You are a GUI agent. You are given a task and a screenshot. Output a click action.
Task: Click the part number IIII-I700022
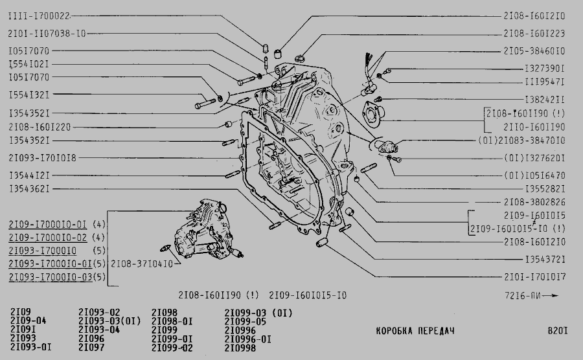click(x=39, y=16)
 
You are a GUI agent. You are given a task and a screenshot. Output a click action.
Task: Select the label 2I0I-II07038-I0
click(x=47, y=34)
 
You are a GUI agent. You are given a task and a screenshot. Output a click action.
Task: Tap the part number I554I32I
click(x=29, y=95)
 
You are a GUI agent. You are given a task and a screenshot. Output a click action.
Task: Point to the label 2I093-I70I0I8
click(x=42, y=158)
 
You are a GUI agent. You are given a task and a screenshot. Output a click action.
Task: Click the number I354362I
click(x=29, y=188)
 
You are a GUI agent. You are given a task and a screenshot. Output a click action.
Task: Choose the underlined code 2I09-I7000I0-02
click(x=47, y=238)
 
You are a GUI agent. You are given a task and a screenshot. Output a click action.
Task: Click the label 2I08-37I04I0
click(x=142, y=264)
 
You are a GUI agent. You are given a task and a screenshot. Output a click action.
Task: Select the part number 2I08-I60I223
click(x=534, y=34)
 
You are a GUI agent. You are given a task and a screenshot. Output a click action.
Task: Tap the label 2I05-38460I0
click(x=534, y=51)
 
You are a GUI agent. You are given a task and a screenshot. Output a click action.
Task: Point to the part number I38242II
click(x=545, y=100)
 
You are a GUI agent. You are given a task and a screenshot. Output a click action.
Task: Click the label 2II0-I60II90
click(x=534, y=127)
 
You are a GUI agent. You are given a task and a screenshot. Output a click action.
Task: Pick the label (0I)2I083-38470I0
click(x=521, y=141)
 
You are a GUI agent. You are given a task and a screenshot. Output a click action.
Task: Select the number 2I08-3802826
click(x=534, y=202)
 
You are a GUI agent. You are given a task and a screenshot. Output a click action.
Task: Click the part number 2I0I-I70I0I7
click(x=534, y=276)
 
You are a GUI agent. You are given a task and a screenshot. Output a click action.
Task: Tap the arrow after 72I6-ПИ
click(x=551, y=296)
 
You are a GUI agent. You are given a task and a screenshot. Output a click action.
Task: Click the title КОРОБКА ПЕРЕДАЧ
click(x=415, y=331)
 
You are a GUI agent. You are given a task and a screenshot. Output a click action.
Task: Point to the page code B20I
click(x=558, y=331)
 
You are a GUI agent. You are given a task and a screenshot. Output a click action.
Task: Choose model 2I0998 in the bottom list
click(x=240, y=348)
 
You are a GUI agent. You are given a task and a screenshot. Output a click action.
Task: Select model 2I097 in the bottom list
click(x=91, y=347)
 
